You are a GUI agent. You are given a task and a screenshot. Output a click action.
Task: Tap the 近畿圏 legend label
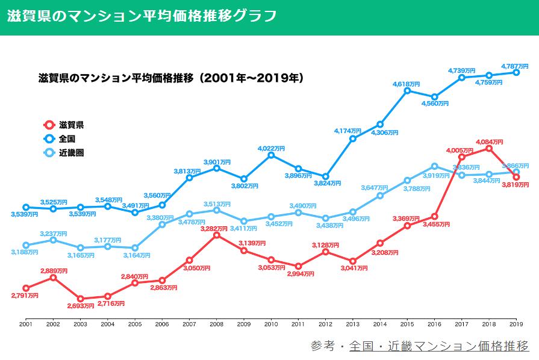[x=71, y=153]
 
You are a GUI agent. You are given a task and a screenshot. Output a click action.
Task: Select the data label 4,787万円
[x=515, y=66]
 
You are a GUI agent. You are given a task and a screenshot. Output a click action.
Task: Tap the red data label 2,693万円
[x=81, y=306]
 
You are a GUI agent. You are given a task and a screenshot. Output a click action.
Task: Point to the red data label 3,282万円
[x=217, y=228]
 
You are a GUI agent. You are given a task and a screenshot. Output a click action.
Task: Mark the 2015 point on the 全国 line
[x=407, y=90]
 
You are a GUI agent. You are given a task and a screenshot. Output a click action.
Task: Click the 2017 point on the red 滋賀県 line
[x=462, y=157]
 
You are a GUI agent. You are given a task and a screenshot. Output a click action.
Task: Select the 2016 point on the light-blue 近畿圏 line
[x=434, y=166]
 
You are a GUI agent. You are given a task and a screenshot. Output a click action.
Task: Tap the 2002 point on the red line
[x=53, y=278]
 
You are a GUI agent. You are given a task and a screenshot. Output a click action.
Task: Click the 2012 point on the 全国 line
[x=325, y=176]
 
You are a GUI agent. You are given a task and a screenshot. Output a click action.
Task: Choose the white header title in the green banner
[x=142, y=16]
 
